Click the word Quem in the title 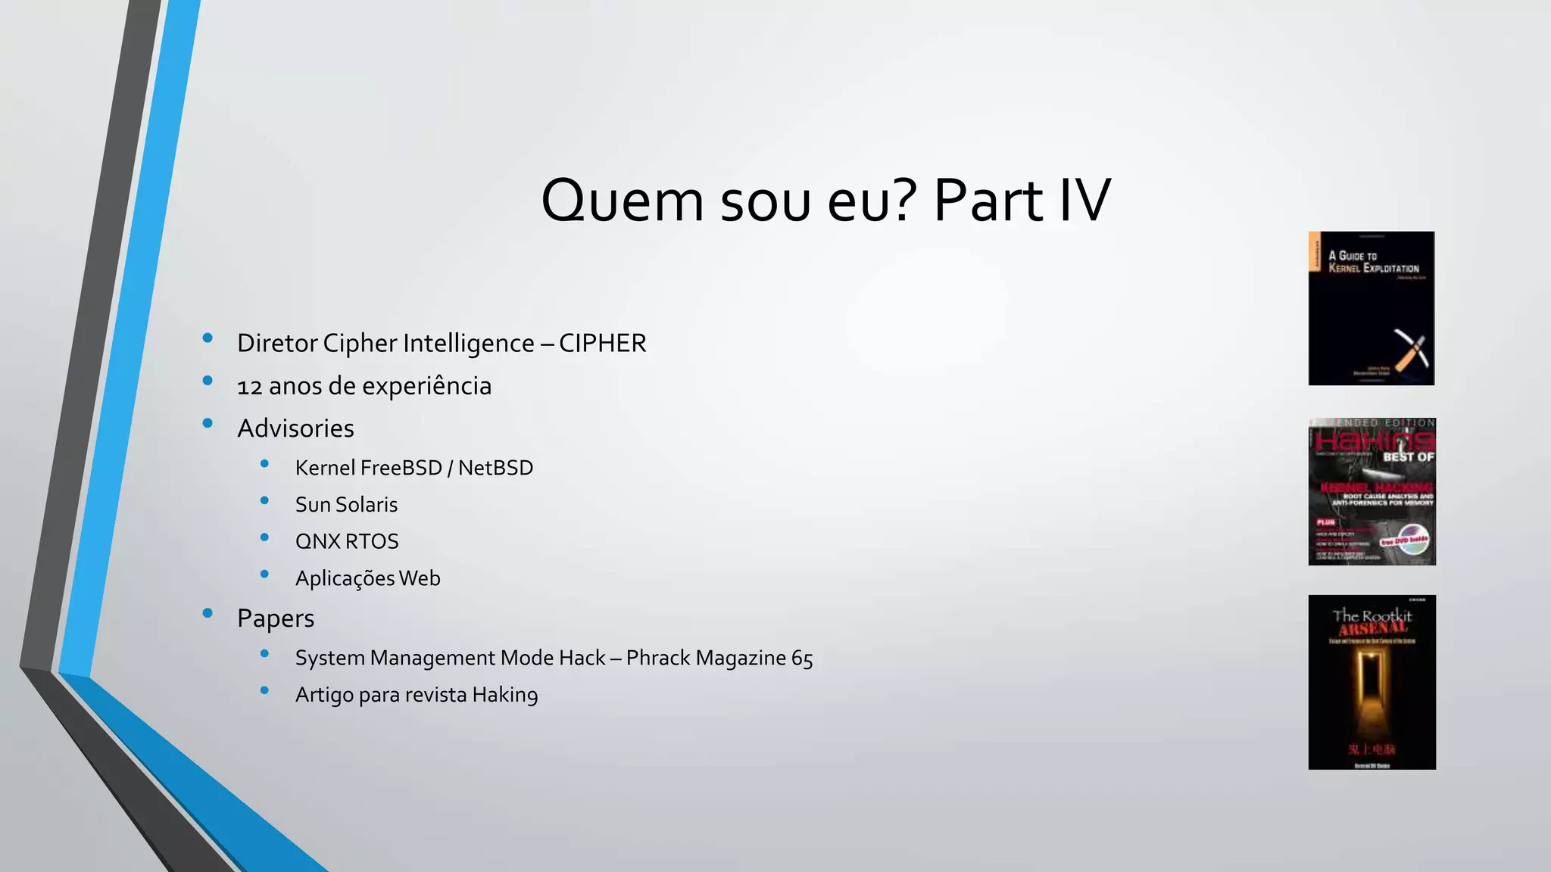click(623, 201)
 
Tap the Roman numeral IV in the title click(1084, 201)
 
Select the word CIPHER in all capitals click(602, 343)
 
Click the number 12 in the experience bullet click(249, 387)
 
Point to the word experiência click(429, 387)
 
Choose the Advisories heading click(295, 428)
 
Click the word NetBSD click(495, 468)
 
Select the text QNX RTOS click(347, 542)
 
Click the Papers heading click(275, 618)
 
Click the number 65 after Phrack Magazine click(802, 659)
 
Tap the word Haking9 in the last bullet click(505, 695)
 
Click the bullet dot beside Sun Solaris click(264, 500)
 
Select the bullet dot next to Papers click(208, 613)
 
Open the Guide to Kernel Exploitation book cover click(1372, 308)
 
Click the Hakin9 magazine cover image click(1372, 491)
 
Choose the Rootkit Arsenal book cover click(1372, 682)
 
